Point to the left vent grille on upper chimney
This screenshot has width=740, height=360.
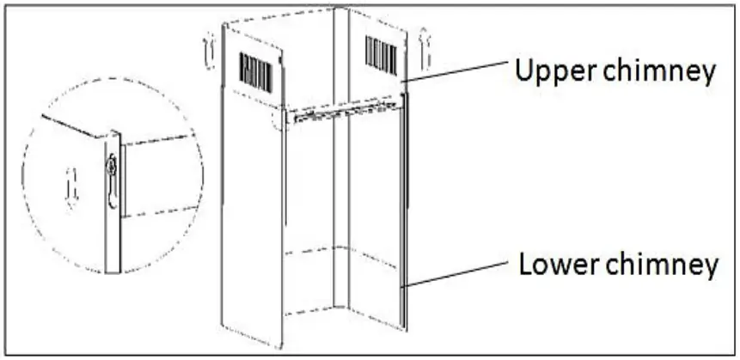point(256,72)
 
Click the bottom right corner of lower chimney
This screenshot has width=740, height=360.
point(405,329)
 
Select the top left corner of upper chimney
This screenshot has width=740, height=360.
point(224,24)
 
